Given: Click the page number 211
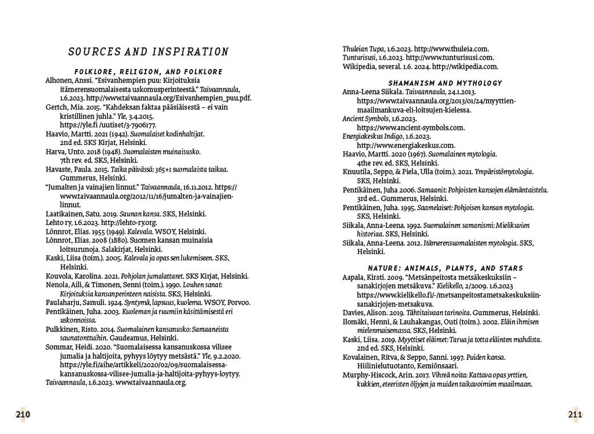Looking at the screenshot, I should point(575,414).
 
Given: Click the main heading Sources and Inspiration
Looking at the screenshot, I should point(148,52).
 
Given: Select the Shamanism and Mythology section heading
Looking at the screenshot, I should point(445,83).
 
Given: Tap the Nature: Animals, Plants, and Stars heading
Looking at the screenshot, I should point(445,268).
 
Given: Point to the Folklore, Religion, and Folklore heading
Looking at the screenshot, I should point(148,71).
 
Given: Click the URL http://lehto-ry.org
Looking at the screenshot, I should point(129,222).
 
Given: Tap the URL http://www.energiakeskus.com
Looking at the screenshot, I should point(406,145).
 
